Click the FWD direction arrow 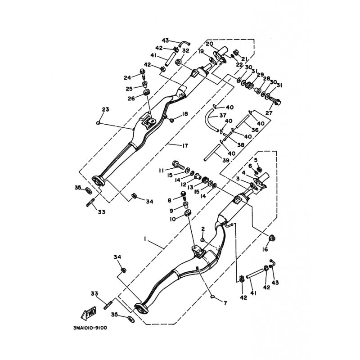point(89,313)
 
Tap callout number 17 point(185,145)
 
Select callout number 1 point(145,239)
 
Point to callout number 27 point(269,113)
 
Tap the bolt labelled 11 point(178,165)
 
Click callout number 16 point(265,249)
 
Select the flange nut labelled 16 point(272,238)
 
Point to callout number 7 point(225,303)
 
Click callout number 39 point(226,161)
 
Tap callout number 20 point(209,44)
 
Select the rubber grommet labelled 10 point(188,213)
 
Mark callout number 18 point(185,114)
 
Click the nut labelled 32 point(178,62)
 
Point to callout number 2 point(203,229)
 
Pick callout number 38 point(241,145)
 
